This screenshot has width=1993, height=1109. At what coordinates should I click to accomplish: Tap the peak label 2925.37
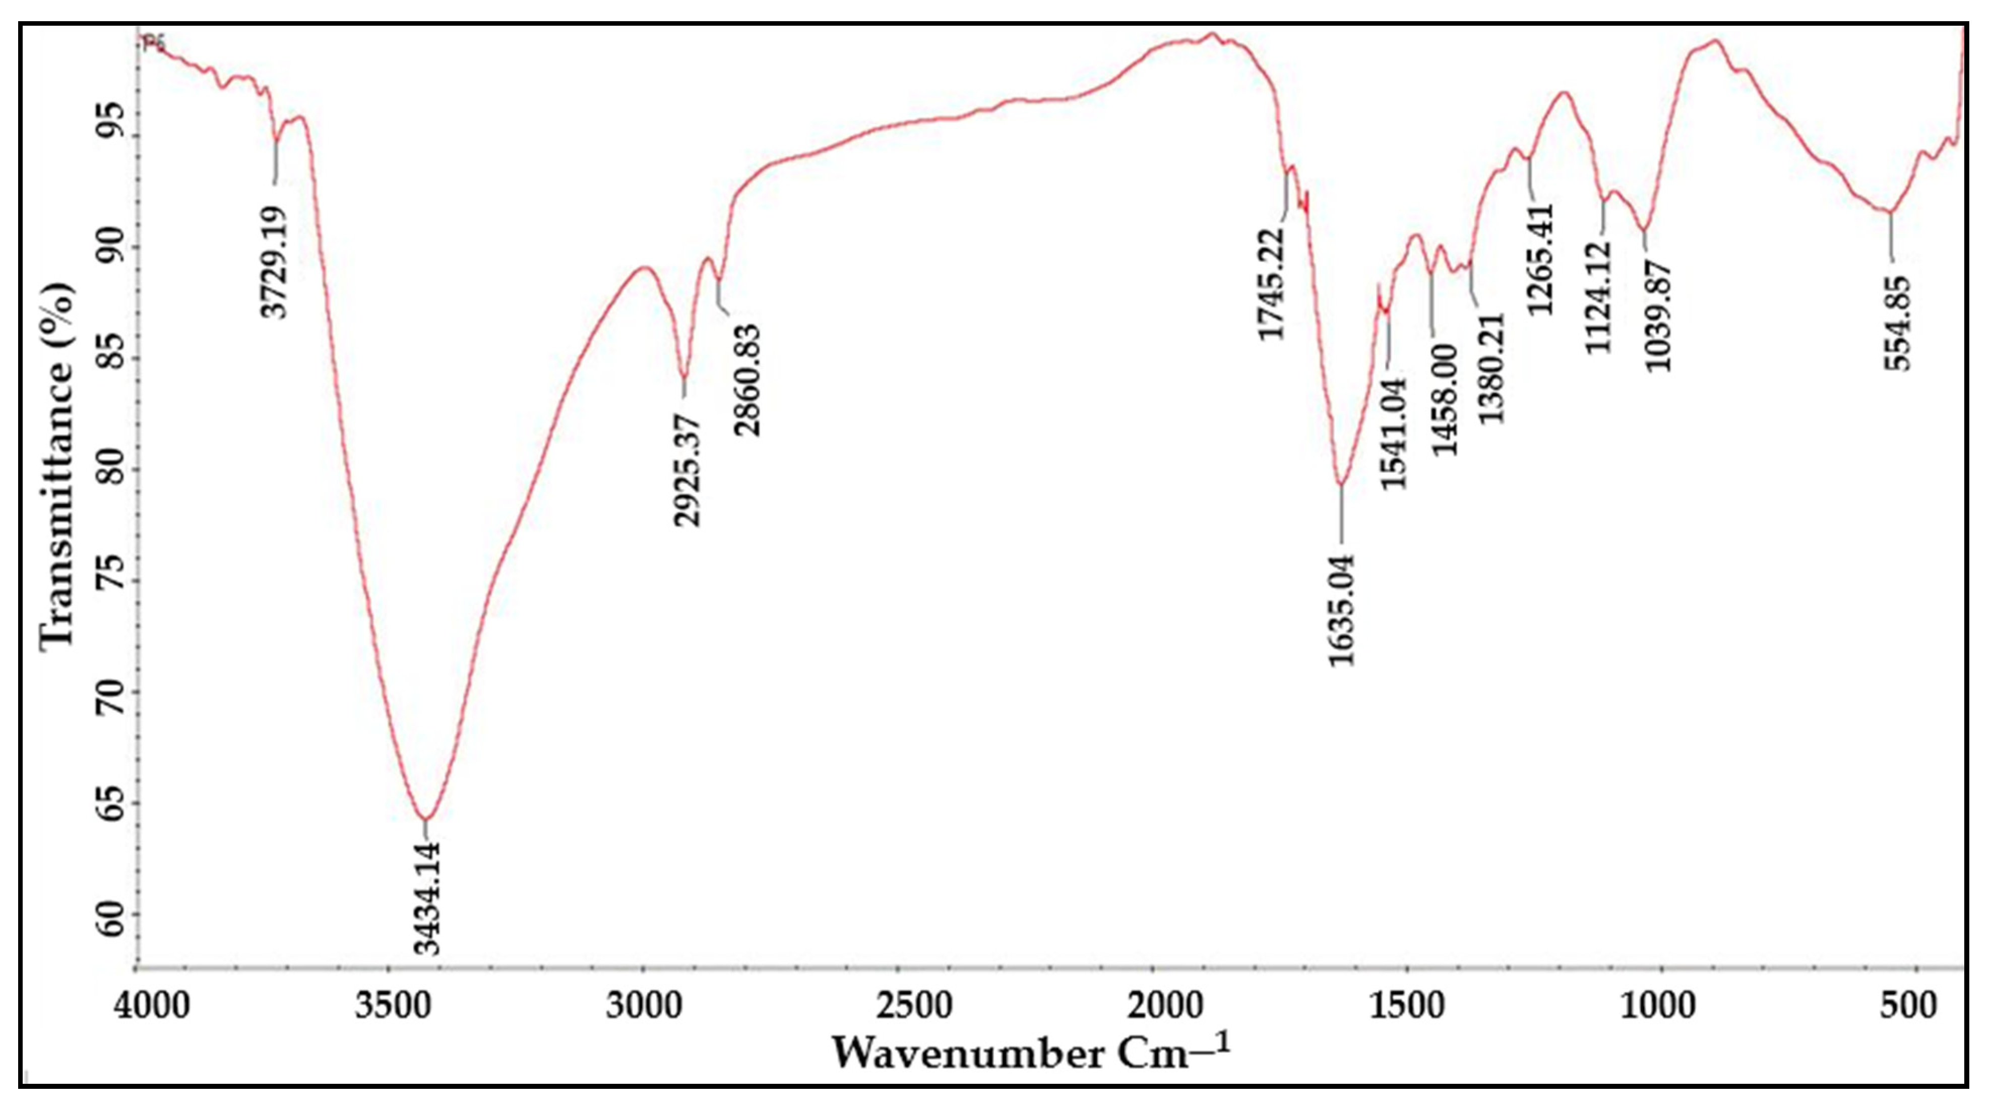pyautogui.click(x=686, y=470)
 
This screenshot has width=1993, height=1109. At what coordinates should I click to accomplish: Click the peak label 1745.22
pyautogui.click(x=1271, y=284)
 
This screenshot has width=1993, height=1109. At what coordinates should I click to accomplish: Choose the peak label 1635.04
pyautogui.click(x=1342, y=610)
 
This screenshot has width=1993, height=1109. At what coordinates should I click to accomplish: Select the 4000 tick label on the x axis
pyautogui.click(x=152, y=1006)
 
